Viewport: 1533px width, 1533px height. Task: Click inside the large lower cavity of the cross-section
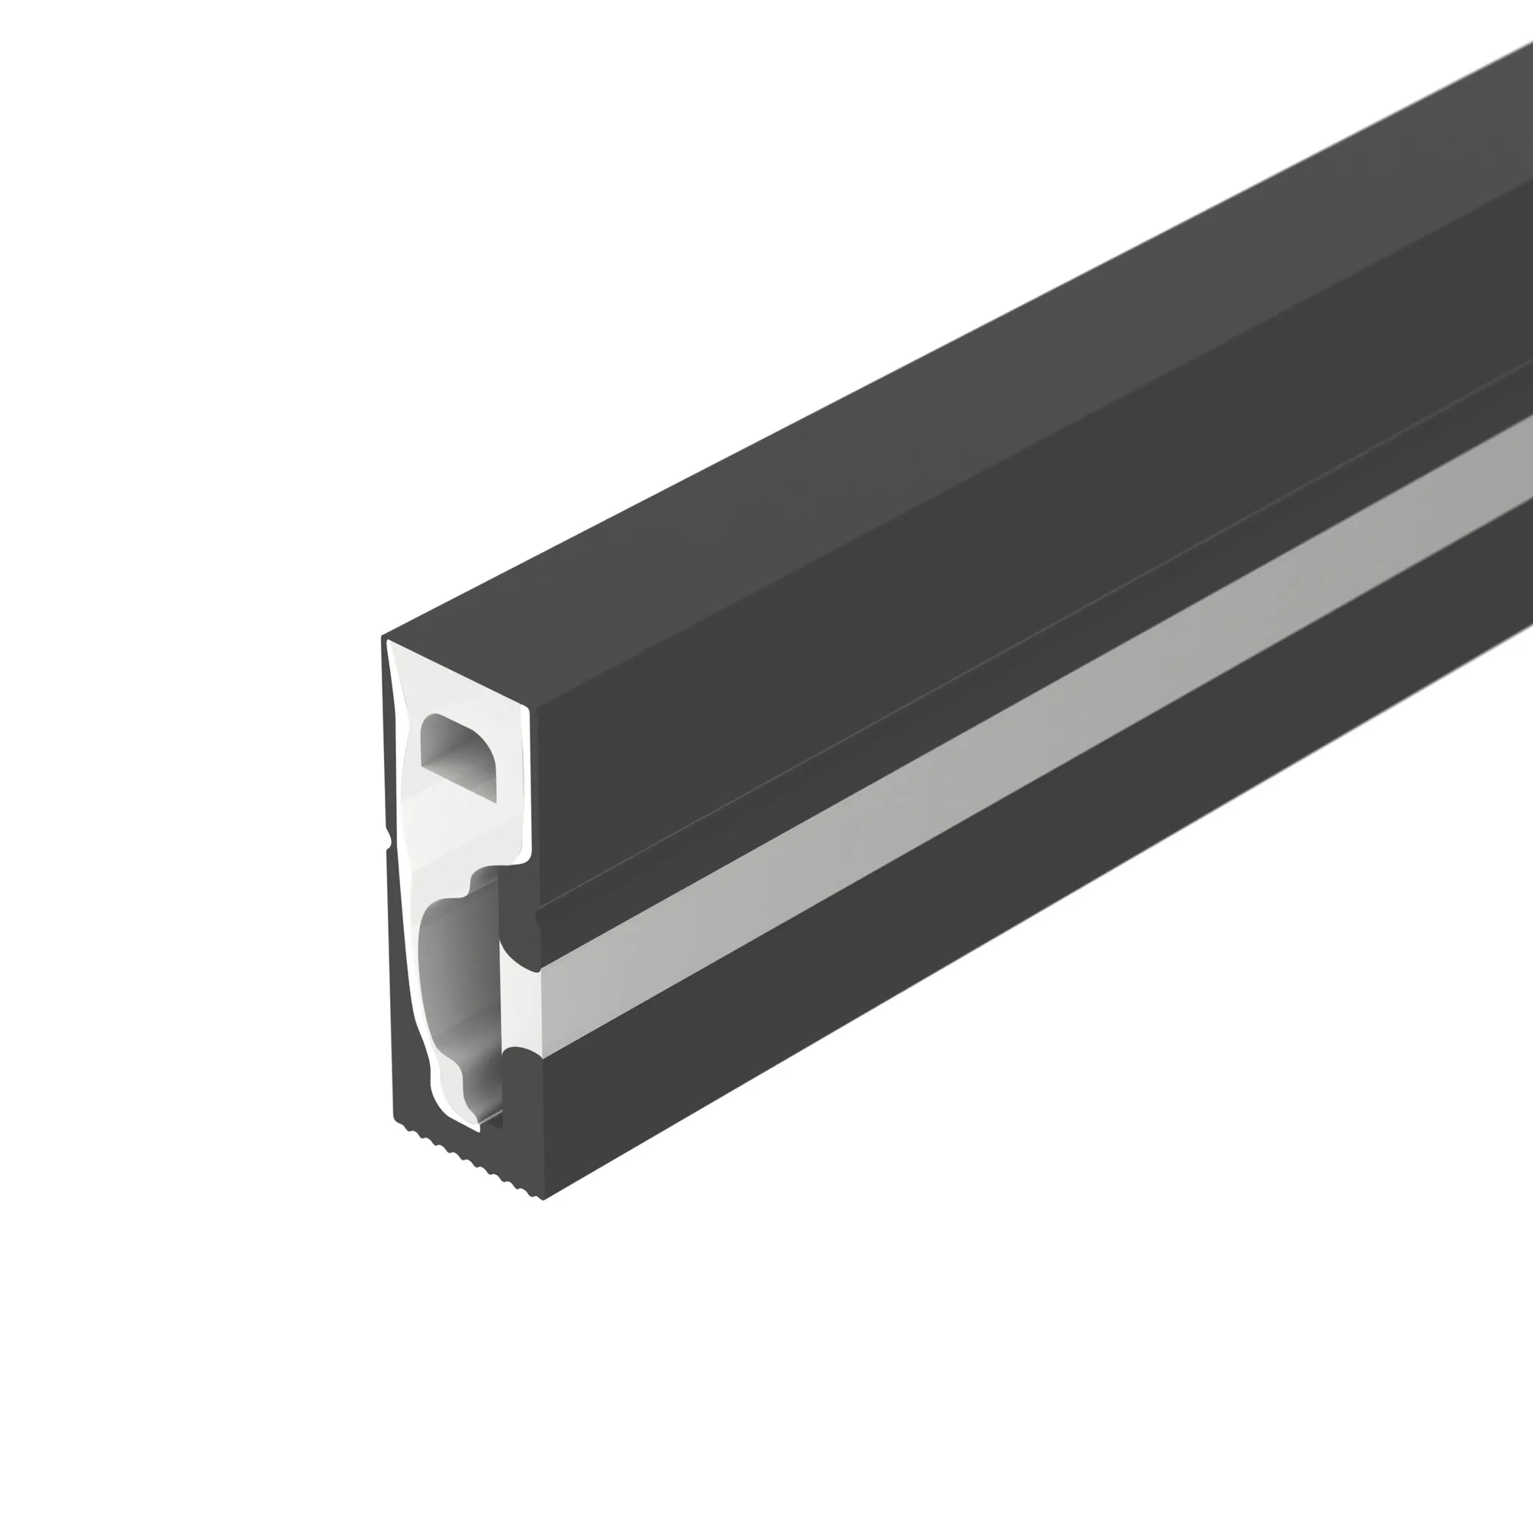point(457,992)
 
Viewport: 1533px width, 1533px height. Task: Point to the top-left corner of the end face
point(383,637)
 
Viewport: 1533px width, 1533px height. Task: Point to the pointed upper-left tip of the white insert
point(389,643)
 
